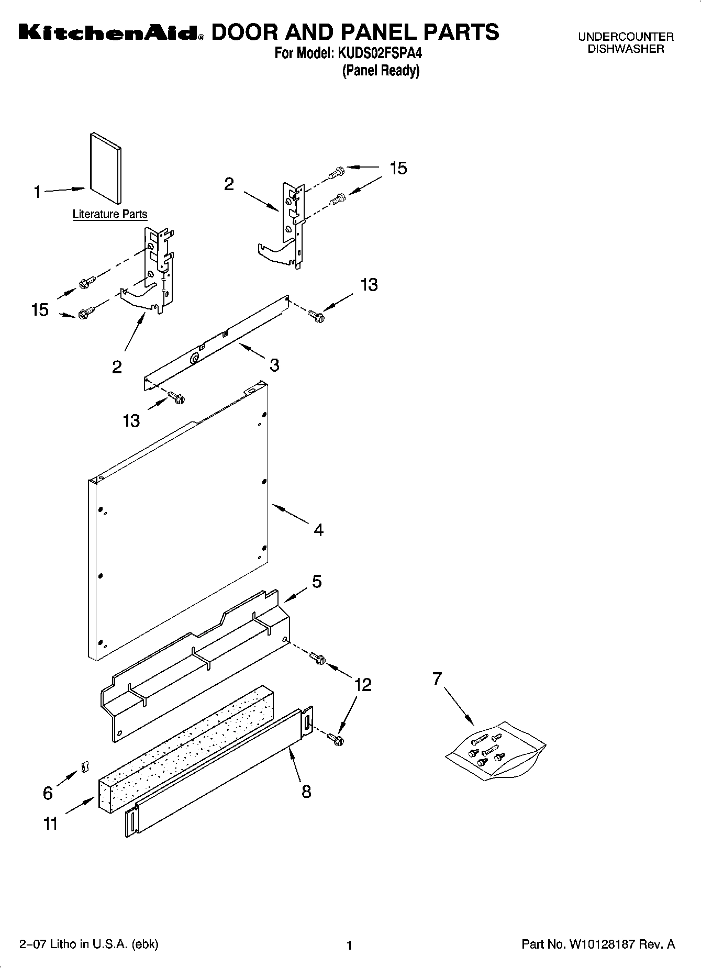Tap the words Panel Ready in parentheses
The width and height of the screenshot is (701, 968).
381,71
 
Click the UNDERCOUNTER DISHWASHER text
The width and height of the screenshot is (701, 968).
626,43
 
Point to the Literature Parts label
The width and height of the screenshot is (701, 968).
109,214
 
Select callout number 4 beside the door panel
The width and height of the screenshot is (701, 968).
318,530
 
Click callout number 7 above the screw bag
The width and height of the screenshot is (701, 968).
437,678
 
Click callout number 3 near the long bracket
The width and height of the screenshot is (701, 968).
274,365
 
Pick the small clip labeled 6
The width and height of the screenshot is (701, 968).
82,767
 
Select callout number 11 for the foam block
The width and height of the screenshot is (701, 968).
50,824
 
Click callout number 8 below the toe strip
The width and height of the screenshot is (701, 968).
306,792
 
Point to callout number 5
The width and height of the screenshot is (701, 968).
317,582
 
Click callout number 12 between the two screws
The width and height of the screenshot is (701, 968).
362,685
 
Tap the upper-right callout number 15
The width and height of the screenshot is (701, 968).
398,169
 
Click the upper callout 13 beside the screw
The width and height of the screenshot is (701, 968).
369,285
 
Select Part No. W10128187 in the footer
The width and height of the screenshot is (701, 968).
598,944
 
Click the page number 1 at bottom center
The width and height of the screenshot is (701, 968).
350,945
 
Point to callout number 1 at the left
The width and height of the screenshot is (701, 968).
37,193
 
